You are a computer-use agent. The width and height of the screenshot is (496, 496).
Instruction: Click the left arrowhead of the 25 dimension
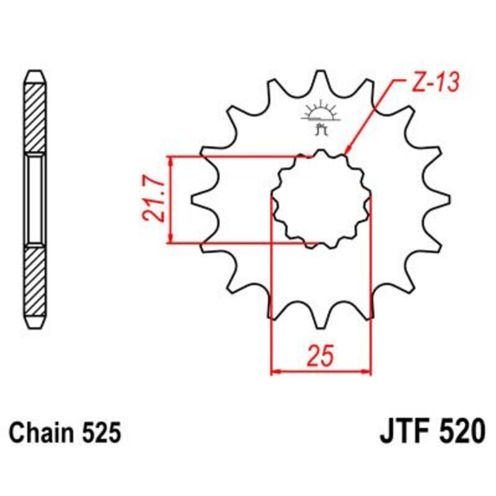276,372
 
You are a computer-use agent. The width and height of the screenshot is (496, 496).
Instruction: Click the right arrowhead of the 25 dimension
366,372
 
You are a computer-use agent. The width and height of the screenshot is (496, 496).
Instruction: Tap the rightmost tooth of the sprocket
441,199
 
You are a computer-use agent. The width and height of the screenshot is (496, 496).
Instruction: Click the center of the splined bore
321,199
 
